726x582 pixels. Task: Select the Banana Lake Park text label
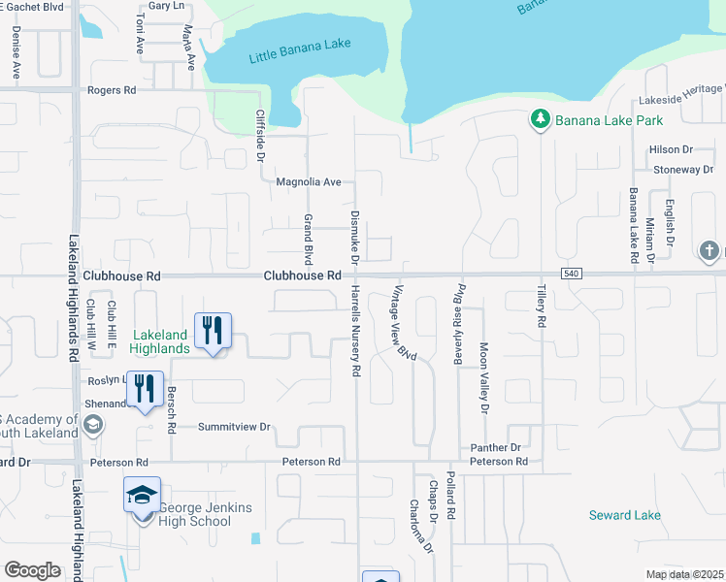(609, 120)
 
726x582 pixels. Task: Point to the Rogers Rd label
(112, 90)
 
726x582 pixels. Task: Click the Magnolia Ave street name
(309, 181)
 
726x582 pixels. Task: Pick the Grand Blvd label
(309, 240)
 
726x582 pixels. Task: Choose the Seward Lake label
(624, 515)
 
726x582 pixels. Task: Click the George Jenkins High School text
(195, 514)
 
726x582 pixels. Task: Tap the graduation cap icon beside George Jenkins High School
(142, 496)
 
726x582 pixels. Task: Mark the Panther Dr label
(496, 447)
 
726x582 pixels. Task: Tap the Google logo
(33, 570)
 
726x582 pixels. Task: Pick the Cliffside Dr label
(260, 135)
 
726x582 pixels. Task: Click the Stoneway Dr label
(683, 169)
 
